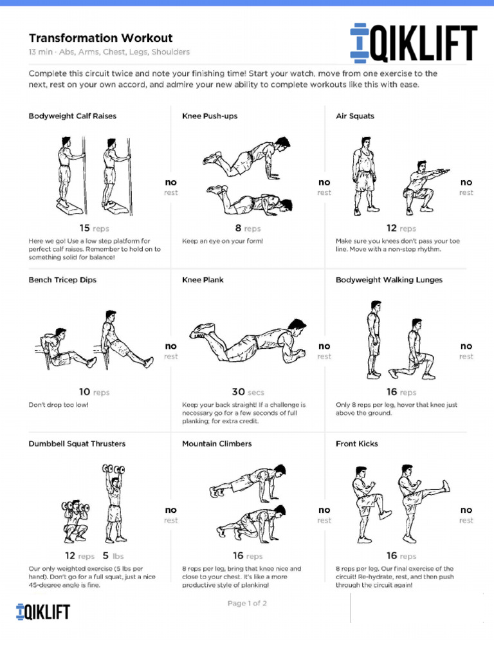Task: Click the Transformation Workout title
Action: (x=100, y=39)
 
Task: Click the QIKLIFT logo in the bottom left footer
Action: (x=43, y=611)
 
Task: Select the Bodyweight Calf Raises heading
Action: (x=73, y=116)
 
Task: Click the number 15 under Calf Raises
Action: (x=84, y=228)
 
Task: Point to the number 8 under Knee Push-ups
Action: (x=238, y=228)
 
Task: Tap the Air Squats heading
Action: (x=355, y=116)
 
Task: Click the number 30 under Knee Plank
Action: (x=238, y=391)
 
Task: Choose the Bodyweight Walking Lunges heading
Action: (x=389, y=280)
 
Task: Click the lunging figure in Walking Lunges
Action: (x=411, y=351)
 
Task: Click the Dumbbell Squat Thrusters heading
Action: (x=77, y=443)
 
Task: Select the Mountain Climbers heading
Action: (x=217, y=443)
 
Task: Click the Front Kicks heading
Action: (x=357, y=443)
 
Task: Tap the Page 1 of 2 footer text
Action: (x=247, y=603)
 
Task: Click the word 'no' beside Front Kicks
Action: (x=466, y=510)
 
